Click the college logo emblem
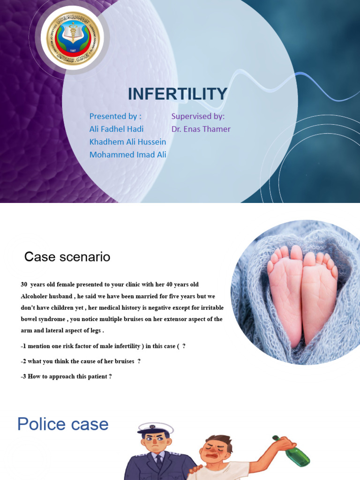70,39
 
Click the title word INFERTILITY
178,94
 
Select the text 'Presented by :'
115,116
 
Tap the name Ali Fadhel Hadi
116,129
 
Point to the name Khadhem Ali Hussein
127,142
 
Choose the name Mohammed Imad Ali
127,155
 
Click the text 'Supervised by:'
198,116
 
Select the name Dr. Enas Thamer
201,129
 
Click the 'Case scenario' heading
67,257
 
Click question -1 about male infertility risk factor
103,346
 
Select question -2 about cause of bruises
81,361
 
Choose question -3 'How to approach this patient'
66,376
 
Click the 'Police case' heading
63,424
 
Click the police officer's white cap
155,427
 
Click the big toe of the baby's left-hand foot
296,254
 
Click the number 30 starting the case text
24,285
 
